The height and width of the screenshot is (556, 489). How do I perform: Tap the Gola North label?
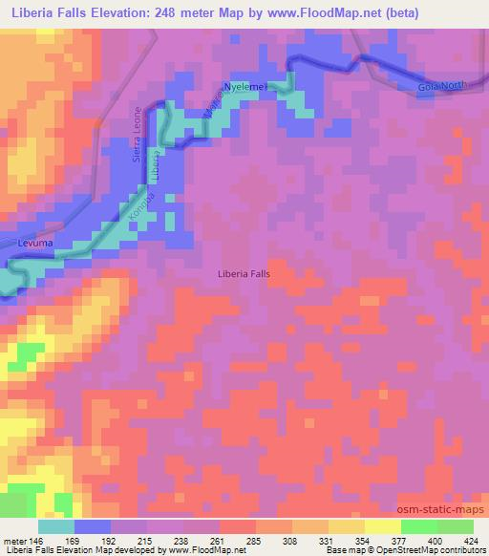[x=441, y=87]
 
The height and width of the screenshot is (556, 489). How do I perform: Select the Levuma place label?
[x=36, y=245]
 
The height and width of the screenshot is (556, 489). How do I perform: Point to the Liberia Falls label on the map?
[x=244, y=273]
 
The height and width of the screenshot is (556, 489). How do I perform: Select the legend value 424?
[x=470, y=541]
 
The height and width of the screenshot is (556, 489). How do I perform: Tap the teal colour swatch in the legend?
[x=56, y=526]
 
